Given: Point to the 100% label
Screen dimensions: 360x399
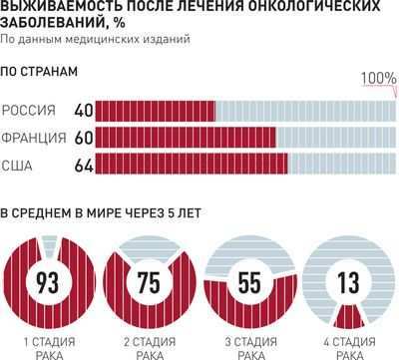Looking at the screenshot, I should [x=378, y=79].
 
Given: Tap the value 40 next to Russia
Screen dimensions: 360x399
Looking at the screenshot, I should [x=83, y=110].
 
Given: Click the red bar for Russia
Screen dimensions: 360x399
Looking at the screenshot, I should [x=154, y=110].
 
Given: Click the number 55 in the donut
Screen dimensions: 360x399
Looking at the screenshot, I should [x=249, y=281].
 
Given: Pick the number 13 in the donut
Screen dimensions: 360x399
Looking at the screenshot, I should [x=349, y=281].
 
